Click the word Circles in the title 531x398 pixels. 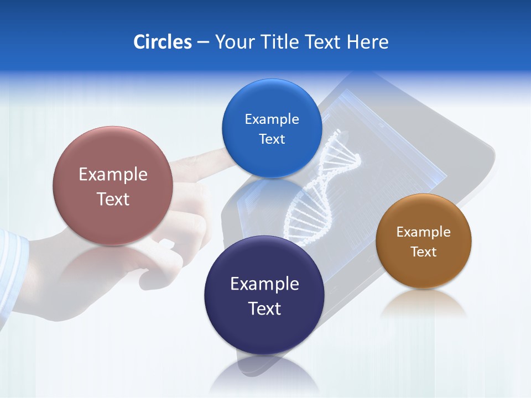(162, 42)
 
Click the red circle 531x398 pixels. (113, 186)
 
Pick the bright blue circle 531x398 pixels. (272, 128)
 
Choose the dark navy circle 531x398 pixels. (264, 295)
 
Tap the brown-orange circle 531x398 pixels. (423, 241)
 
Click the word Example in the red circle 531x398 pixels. (113, 174)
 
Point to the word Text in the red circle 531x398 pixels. (113, 199)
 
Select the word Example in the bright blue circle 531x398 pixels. (272, 119)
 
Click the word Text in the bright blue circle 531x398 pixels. (272, 139)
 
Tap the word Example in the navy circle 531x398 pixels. (264, 284)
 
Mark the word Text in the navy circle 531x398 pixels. (264, 308)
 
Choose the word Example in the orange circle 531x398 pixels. (423, 232)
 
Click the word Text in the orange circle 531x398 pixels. (423, 252)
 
